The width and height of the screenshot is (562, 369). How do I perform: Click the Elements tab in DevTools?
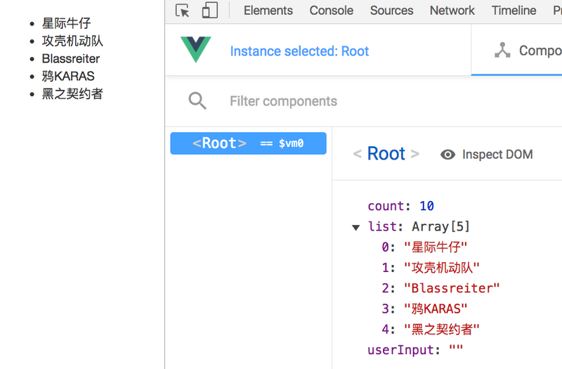tap(268, 11)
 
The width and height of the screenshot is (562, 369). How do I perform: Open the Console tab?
tap(332, 11)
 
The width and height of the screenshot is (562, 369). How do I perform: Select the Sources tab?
tap(391, 11)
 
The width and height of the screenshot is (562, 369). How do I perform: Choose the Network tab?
tap(452, 11)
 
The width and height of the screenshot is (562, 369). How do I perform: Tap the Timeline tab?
tap(514, 11)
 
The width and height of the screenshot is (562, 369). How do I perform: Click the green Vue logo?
tap(196, 50)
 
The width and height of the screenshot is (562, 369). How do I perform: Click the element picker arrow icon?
tap(183, 11)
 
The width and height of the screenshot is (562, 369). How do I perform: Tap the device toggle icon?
tap(209, 11)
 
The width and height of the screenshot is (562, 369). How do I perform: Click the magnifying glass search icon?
tap(197, 101)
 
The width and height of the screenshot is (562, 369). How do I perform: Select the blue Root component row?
tap(248, 143)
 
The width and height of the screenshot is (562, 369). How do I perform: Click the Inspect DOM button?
tap(487, 155)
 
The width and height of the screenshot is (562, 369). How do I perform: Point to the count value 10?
tap(426, 207)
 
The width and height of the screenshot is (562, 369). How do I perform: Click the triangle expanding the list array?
tap(356, 227)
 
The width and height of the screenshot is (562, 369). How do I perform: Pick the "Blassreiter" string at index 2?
tap(452, 288)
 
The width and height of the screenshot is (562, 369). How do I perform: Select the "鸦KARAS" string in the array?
tap(436, 309)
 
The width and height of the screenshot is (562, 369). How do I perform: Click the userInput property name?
tap(398, 350)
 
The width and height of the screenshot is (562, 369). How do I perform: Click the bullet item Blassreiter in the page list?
tap(71, 59)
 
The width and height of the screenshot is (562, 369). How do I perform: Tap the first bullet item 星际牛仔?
tap(66, 24)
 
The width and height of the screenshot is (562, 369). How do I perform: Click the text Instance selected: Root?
tap(299, 51)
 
